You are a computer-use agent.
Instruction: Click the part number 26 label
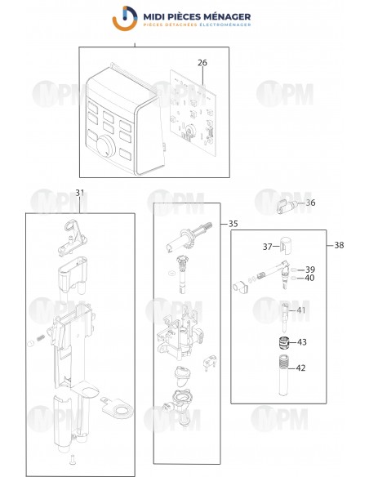(x=202, y=62)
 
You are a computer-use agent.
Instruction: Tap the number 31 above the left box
(x=79, y=192)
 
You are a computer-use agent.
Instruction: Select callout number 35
(x=233, y=223)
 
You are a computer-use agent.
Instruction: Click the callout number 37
(x=267, y=247)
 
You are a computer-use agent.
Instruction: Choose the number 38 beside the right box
(x=338, y=244)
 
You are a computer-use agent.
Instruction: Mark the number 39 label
(x=309, y=269)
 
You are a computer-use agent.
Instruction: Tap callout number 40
(x=309, y=278)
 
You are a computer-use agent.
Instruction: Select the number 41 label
(x=301, y=310)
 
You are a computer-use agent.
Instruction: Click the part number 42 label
(x=301, y=368)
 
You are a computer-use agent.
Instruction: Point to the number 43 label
(x=301, y=341)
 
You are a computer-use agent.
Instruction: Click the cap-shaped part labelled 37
(x=285, y=245)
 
